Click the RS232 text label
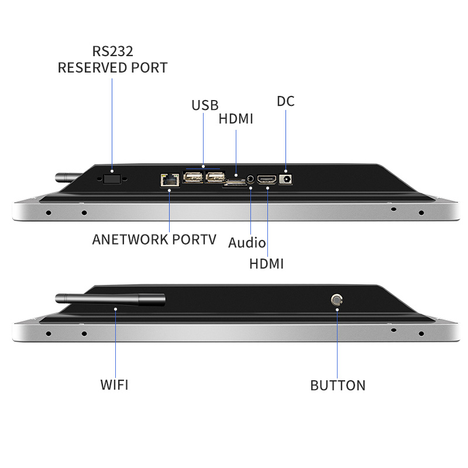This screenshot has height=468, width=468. coord(112,51)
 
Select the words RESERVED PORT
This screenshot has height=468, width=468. coord(112,67)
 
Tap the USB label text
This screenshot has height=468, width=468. coord(205,105)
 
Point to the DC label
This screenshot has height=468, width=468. coord(285,101)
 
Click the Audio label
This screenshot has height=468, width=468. coord(247,242)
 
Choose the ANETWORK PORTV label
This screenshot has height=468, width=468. coord(154,239)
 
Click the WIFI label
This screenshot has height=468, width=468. coord(114,385)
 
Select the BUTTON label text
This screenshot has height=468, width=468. coord(338,386)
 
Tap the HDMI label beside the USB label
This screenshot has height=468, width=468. coord(236,119)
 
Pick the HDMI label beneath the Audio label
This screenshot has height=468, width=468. coord(266,264)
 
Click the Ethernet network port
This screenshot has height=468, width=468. coord(170,180)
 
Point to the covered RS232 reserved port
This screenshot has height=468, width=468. coord(112,179)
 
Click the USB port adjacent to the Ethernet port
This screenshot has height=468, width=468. coord(193,177)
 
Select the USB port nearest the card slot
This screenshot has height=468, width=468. coord(215,177)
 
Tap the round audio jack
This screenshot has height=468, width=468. coord(251,180)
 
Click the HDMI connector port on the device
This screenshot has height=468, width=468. coord(267,180)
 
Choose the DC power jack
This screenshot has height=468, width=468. coord(285,180)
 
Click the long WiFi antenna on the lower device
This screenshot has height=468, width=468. coord(110,300)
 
